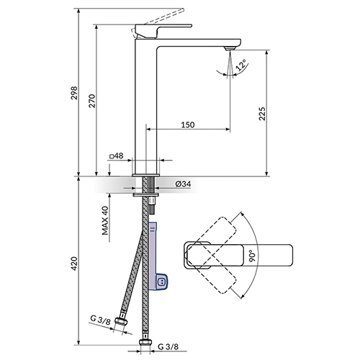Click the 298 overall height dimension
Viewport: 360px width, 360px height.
pyautogui.click(x=75, y=93)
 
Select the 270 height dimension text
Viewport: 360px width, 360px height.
pyautogui.click(x=92, y=101)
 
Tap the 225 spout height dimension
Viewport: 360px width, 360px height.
pyautogui.click(x=262, y=114)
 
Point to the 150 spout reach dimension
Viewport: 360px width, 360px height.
pyautogui.click(x=188, y=125)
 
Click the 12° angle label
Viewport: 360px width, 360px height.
pyautogui.click(x=241, y=65)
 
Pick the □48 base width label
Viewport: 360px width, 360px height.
pyautogui.click(x=117, y=156)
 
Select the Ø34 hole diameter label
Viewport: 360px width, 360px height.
pyautogui.click(x=183, y=184)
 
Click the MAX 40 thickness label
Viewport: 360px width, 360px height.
pyautogui.click(x=105, y=220)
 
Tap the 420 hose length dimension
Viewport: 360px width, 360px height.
pyautogui.click(x=75, y=264)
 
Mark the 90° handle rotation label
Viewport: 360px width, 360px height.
pyautogui.click(x=251, y=256)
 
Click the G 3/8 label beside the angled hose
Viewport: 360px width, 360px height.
pyautogui.click(x=100, y=320)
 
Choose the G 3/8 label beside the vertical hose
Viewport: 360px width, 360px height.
pyautogui.click(x=168, y=346)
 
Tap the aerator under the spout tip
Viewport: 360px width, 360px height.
pyautogui.click(x=230, y=48)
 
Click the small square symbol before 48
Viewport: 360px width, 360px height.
pyautogui.click(x=112, y=156)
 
